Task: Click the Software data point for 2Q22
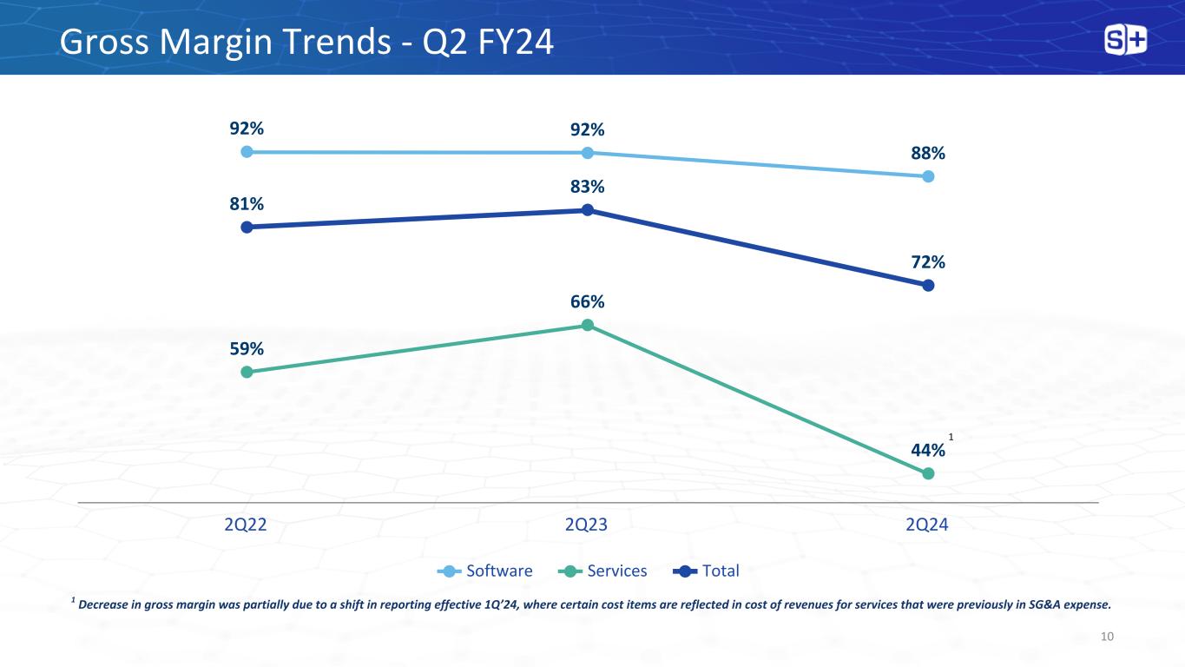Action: click(247, 151)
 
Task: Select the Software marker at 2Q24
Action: click(928, 176)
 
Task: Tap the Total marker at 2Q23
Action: click(588, 209)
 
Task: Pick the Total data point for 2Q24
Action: click(928, 285)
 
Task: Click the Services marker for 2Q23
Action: click(588, 325)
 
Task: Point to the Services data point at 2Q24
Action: click(928, 473)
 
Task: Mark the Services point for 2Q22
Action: click(247, 372)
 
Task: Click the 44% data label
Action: click(927, 450)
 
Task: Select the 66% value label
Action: click(588, 301)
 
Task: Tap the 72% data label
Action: click(928, 261)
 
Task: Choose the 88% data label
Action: click(928, 153)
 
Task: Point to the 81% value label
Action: click(247, 203)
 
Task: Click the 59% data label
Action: click(247, 348)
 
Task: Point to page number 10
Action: click(1106, 637)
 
